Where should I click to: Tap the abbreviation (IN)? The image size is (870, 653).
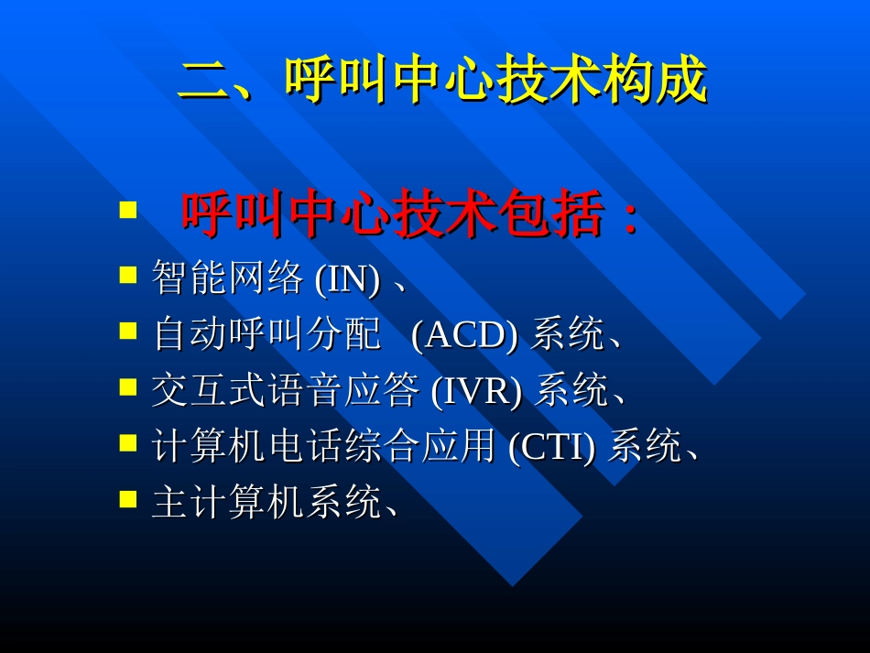pyautogui.click(x=348, y=279)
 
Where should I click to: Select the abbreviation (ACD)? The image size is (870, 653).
pyautogui.click(x=465, y=336)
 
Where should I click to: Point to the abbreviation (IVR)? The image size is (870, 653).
pyautogui.click(x=476, y=392)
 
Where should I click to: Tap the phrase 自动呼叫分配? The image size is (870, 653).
pyautogui.click(x=266, y=336)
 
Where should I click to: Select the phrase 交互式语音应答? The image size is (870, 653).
pyautogui.click(x=285, y=392)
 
